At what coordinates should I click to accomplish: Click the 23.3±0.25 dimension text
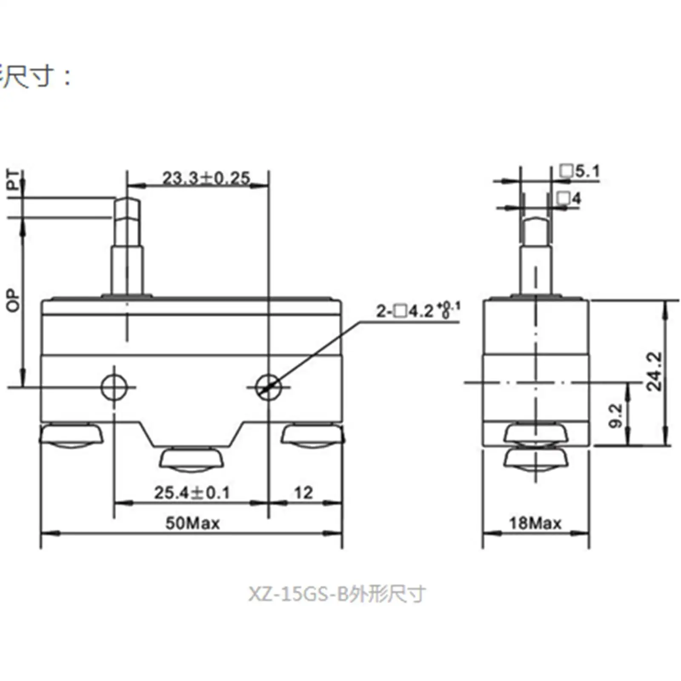pyautogui.click(x=206, y=178)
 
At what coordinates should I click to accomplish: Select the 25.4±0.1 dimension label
pyautogui.click(x=192, y=493)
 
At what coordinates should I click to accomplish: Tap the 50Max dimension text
pyautogui.click(x=192, y=523)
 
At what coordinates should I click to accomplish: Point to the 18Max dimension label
pyautogui.click(x=535, y=523)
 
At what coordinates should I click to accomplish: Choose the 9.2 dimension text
pyautogui.click(x=615, y=416)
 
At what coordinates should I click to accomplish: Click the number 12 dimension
pyautogui.click(x=303, y=493)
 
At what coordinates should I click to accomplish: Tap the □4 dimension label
pyautogui.click(x=569, y=198)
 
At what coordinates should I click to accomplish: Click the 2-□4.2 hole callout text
pyautogui.click(x=417, y=311)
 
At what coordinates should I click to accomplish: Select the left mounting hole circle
pyautogui.click(x=114, y=387)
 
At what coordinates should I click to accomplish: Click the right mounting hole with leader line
pyautogui.click(x=269, y=387)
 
